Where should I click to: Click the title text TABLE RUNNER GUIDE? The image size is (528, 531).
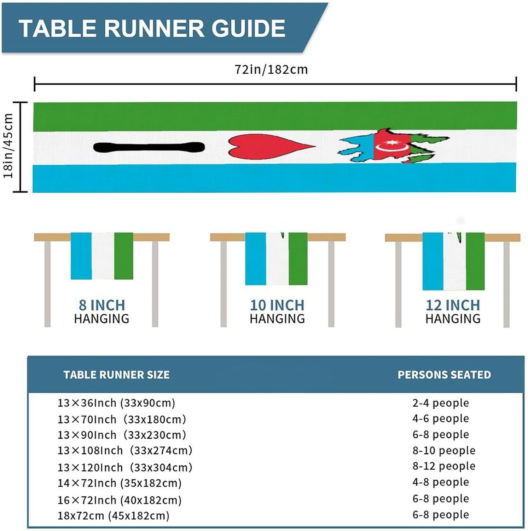pos(152,28)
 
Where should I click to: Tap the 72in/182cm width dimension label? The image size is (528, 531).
pos(271,69)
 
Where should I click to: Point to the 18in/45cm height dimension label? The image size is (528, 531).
pos(8,146)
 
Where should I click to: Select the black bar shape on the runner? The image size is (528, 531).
pos(149,147)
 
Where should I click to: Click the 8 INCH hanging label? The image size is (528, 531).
pos(102,305)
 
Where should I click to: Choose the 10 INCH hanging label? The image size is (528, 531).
pos(277,305)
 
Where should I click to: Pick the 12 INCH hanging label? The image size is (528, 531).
pos(453,305)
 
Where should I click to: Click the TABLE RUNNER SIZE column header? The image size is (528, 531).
pos(116,375)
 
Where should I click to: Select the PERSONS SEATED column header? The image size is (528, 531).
pos(444,375)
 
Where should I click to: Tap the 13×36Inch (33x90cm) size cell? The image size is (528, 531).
pos(116,403)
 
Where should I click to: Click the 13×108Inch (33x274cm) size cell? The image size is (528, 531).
pos(125,450)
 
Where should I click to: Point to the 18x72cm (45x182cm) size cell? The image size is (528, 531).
pos(114,515)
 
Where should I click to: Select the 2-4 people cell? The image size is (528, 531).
pos(441,403)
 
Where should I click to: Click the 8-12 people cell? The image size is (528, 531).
pos(444,466)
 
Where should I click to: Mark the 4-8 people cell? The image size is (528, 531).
pos(441,482)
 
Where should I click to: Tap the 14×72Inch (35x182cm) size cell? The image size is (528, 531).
pos(120,483)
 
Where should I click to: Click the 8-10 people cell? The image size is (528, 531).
pos(444,450)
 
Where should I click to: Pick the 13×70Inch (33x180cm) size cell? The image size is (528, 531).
pos(122,419)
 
